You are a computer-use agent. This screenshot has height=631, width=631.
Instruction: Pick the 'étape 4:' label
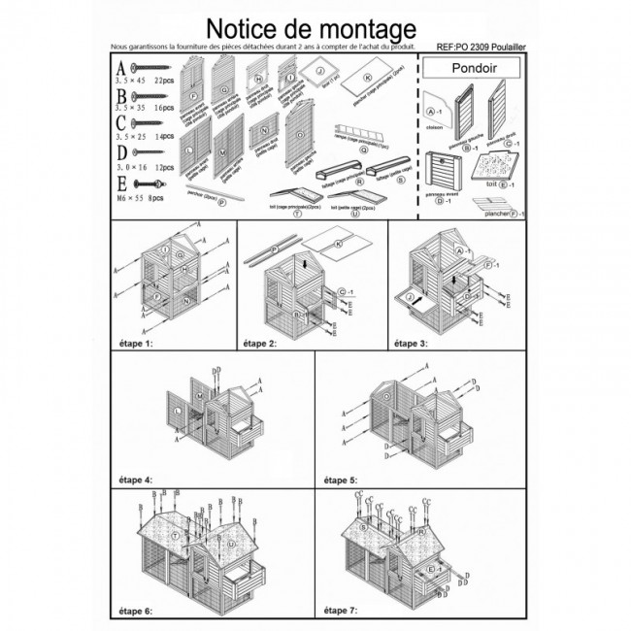(x=133, y=480)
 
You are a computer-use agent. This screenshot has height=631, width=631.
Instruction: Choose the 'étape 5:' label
(x=341, y=480)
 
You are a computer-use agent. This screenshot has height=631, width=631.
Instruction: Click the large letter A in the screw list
(x=120, y=69)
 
